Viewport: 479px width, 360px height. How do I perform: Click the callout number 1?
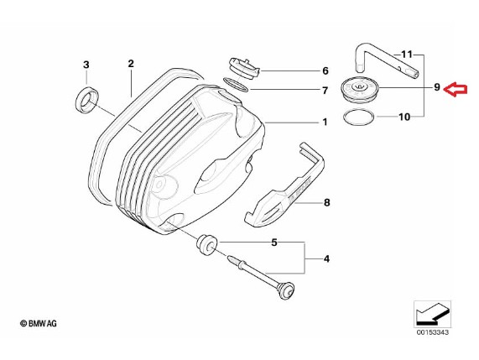pyautogui.click(x=325, y=123)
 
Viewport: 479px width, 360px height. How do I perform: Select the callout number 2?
pyautogui.click(x=131, y=64)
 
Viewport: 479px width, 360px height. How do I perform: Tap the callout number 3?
pyautogui.click(x=86, y=65)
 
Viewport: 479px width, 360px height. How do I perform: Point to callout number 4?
pyautogui.click(x=326, y=259)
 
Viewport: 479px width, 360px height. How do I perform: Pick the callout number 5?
pyautogui.click(x=274, y=243)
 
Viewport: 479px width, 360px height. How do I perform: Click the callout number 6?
pyautogui.click(x=325, y=70)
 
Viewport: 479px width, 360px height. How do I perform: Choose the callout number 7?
pyautogui.click(x=325, y=91)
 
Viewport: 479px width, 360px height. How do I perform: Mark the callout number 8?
pyautogui.click(x=327, y=202)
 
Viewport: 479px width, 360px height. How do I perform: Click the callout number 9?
pyautogui.click(x=437, y=87)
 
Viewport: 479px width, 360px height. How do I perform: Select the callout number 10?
pyautogui.click(x=404, y=117)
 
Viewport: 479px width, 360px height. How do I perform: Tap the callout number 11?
pyautogui.click(x=407, y=55)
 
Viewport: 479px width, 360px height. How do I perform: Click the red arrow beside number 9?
pyautogui.click(x=456, y=90)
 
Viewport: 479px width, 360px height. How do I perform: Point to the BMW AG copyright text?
pyautogui.click(x=39, y=323)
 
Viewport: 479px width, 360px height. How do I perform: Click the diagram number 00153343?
pyautogui.click(x=433, y=332)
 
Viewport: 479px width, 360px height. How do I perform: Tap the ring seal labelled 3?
pyautogui.click(x=87, y=99)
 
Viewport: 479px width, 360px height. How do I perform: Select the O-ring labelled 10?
pyautogui.click(x=359, y=117)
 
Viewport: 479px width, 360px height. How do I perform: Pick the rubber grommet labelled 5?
pyautogui.click(x=206, y=244)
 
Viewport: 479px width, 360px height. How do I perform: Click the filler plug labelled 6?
pyautogui.click(x=243, y=69)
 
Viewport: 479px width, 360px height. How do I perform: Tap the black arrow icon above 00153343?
pyautogui.click(x=432, y=314)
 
